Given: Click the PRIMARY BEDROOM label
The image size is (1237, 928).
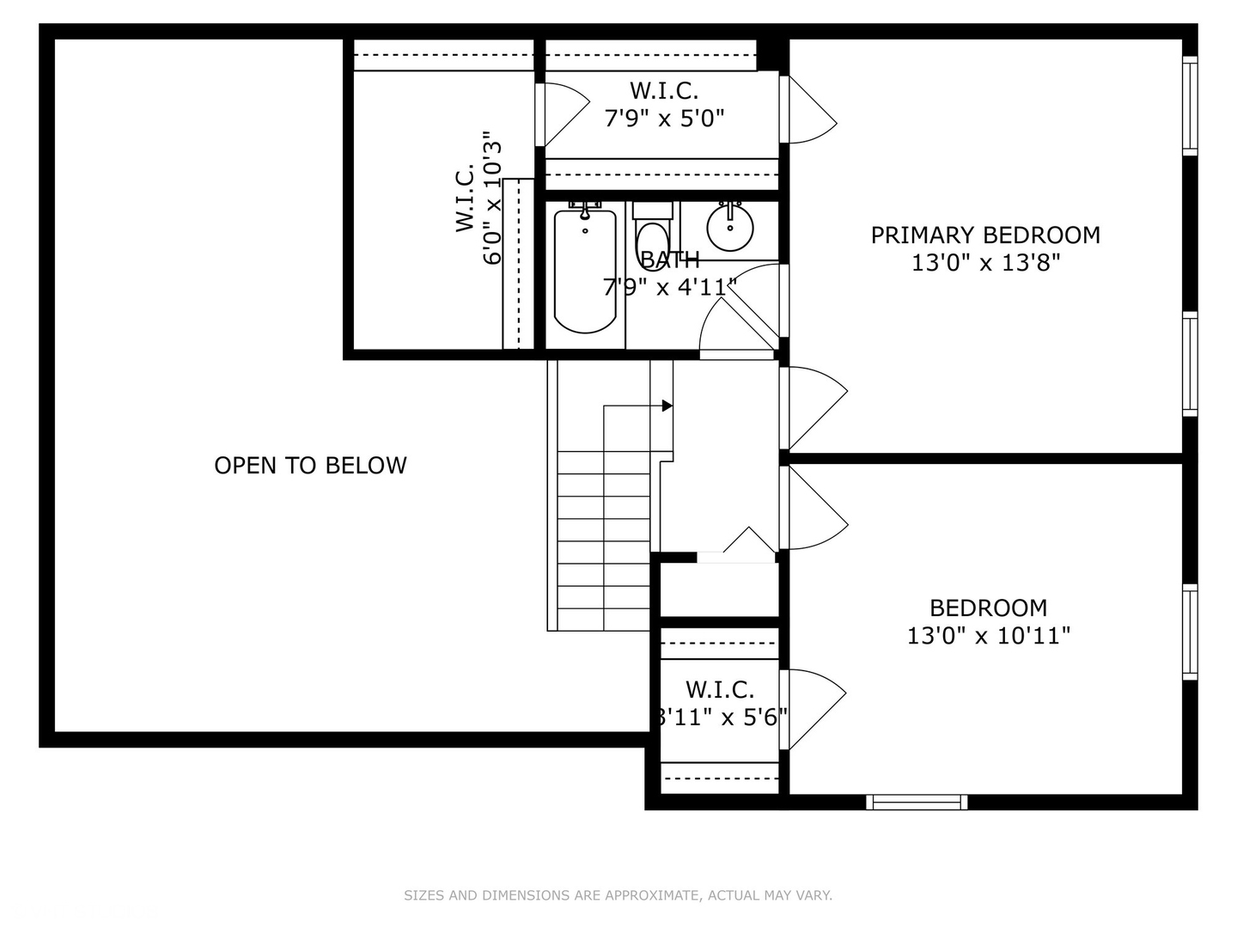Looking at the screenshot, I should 985,235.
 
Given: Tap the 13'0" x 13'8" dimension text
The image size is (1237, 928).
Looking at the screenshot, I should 985,263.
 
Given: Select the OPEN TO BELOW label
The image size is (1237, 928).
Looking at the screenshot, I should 310,466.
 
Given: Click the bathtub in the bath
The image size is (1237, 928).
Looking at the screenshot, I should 585,271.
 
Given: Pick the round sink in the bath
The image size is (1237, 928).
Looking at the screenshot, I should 730,228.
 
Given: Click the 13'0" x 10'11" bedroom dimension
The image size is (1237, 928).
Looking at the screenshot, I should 989,636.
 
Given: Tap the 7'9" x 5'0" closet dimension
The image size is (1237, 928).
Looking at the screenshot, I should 664,118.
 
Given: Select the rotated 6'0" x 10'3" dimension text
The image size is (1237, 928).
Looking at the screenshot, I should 491,198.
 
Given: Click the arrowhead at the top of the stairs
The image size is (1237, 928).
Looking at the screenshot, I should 667,406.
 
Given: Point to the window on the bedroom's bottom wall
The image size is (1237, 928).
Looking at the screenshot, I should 917,802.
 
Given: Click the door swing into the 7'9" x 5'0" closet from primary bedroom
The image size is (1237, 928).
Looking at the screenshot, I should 810,110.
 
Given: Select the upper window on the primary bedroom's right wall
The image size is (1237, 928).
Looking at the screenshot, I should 1190,106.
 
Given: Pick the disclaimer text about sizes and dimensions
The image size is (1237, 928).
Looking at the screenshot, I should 618,895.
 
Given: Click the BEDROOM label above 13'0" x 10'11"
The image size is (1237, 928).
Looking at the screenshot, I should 989,608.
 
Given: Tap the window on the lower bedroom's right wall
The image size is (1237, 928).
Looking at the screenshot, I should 1190,632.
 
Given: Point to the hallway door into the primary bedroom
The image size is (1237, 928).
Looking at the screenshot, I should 814,407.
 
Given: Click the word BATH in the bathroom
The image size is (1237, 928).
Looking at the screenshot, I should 670,260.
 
